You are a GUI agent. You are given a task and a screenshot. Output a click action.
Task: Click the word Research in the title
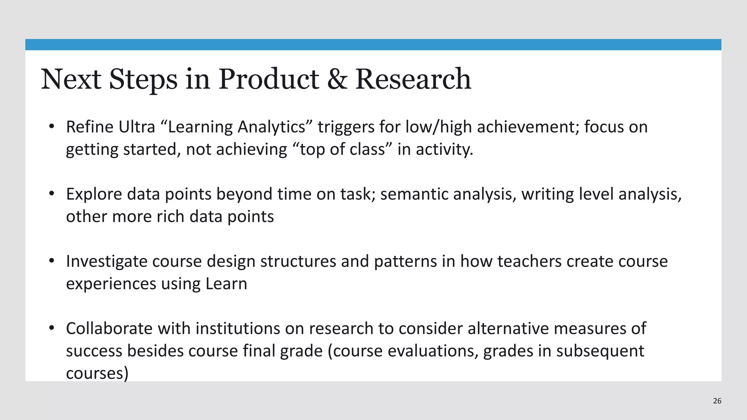click(x=413, y=79)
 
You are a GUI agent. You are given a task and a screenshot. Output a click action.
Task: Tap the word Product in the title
click(x=268, y=79)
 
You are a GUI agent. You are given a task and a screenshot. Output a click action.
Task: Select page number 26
click(x=717, y=401)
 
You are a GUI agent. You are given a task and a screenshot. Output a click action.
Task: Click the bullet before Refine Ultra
click(x=51, y=127)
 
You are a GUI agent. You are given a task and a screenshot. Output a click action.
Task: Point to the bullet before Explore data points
click(x=51, y=194)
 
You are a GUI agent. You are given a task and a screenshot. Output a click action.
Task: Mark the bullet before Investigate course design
click(x=51, y=261)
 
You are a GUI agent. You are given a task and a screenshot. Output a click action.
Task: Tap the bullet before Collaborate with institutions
click(x=51, y=328)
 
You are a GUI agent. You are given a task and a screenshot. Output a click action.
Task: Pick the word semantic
click(x=414, y=194)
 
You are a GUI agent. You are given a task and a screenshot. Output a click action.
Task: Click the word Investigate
click(x=107, y=262)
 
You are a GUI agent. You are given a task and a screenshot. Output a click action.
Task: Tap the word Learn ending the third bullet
click(x=226, y=284)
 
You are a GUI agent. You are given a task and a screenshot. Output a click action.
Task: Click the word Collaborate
click(x=109, y=328)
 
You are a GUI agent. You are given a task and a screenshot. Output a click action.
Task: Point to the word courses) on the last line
click(x=97, y=373)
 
